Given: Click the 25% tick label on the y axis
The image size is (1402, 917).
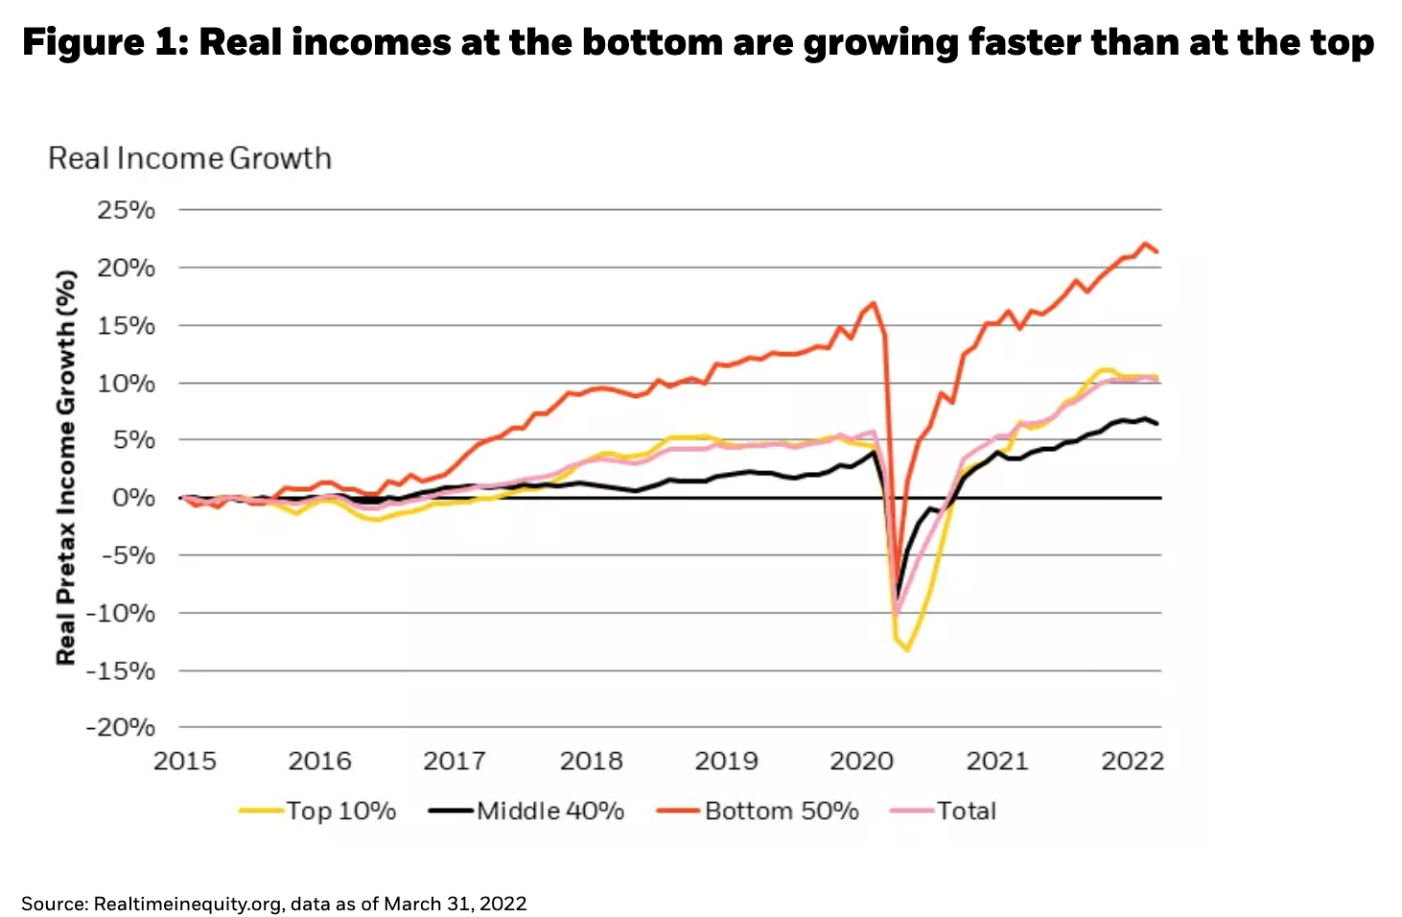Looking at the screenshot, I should coord(126,210).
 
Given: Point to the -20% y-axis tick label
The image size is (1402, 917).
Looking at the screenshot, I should coord(120,728).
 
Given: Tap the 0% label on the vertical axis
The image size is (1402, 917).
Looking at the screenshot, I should coord(132,498).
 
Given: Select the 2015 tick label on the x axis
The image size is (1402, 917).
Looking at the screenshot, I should coord(185,762).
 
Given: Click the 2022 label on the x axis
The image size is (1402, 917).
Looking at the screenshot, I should coord(1133,762).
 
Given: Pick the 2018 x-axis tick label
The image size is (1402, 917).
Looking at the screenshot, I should coord(591,762).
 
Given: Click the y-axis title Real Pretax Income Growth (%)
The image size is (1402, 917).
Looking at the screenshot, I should coord(65,467).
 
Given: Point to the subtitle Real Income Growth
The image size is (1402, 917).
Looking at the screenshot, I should coord(190,158).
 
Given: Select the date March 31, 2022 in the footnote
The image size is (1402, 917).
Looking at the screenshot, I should coord(456,904).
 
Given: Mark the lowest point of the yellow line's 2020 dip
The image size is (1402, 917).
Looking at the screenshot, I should coord(906,651).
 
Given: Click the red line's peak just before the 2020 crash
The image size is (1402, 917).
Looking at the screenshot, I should coord(873,303).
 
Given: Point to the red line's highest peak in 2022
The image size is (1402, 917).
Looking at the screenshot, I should coord(1145,244).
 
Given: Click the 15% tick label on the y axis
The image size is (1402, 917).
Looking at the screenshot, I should coord(126,325).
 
